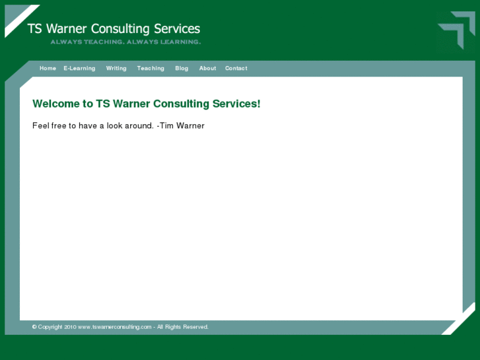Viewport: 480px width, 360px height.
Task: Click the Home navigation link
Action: click(x=48, y=69)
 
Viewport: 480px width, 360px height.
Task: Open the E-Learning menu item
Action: click(x=79, y=69)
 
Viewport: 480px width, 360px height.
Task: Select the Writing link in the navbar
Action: click(x=116, y=69)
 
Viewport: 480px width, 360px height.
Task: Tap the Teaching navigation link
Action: click(x=151, y=69)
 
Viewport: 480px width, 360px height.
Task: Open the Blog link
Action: click(x=182, y=69)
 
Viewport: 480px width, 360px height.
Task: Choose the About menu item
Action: click(x=207, y=69)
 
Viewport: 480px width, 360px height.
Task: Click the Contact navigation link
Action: click(x=236, y=69)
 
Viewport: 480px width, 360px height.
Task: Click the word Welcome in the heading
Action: click(x=55, y=104)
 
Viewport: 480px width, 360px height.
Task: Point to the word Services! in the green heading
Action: click(x=236, y=104)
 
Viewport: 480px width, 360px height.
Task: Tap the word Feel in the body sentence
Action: click(x=41, y=126)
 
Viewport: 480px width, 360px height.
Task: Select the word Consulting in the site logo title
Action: click(x=120, y=29)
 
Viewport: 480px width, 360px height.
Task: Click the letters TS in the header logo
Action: click(x=35, y=29)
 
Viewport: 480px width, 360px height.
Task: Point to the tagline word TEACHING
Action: click(x=105, y=42)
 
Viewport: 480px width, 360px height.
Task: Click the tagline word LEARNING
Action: click(x=179, y=42)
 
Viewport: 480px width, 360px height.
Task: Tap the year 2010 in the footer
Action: click(x=71, y=327)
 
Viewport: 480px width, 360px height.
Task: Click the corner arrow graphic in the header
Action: click(x=458, y=30)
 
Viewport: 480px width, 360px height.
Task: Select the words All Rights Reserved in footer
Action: click(x=183, y=327)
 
